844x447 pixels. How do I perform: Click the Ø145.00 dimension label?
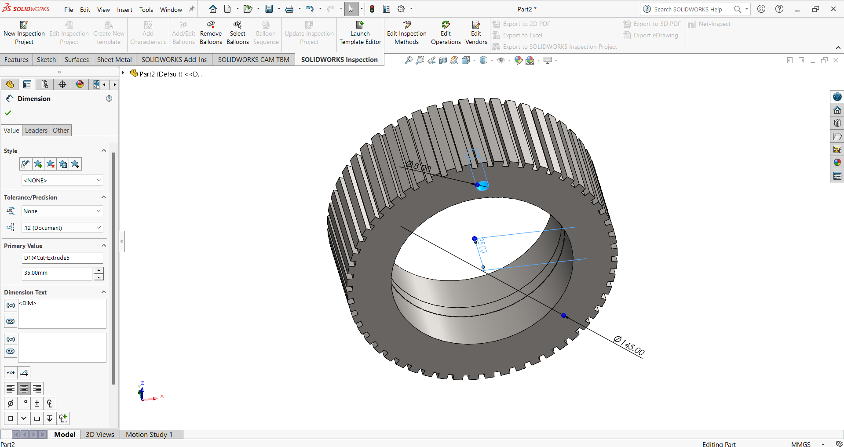(629, 345)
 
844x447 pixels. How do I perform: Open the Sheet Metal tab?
(114, 60)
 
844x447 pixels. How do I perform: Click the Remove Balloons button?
(211, 33)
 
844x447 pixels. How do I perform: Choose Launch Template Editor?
(360, 33)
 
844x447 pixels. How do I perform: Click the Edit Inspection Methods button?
(406, 33)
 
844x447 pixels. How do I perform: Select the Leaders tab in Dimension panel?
(36, 131)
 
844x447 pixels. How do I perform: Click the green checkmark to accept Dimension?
(8, 113)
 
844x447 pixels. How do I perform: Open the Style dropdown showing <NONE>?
(62, 180)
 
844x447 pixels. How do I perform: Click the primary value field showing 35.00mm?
(57, 273)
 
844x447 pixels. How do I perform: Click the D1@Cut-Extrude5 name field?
(62, 258)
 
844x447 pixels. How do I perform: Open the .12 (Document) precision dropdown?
(62, 228)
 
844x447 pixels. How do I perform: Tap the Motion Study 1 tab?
(149, 434)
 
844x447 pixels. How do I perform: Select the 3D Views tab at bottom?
(100, 434)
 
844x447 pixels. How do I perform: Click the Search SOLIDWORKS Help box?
(688, 9)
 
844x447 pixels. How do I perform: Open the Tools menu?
(146, 10)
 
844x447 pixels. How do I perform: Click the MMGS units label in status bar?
(800, 444)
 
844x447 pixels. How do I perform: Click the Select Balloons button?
(237, 33)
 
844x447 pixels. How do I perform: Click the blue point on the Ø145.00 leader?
(564, 316)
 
